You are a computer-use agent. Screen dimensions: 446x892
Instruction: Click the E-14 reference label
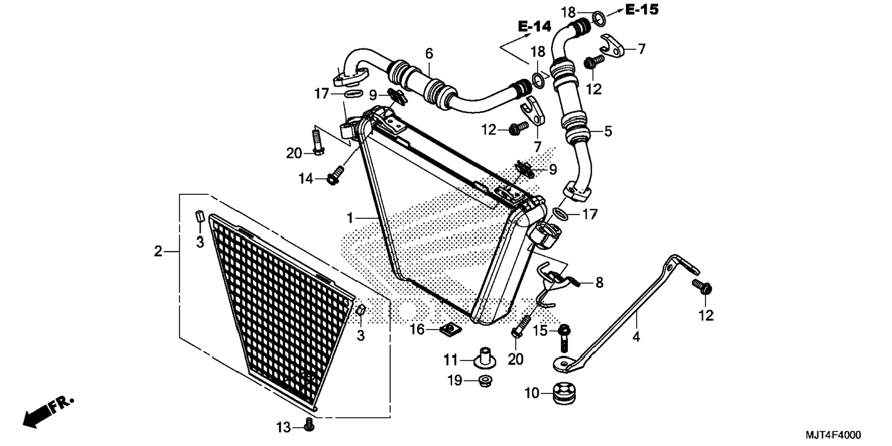(534, 27)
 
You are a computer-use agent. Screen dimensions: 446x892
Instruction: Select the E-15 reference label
(642, 9)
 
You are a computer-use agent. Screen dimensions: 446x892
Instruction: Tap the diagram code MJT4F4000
(833, 435)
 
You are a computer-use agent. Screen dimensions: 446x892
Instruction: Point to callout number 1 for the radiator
(350, 217)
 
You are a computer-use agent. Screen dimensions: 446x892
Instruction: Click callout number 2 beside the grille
(158, 252)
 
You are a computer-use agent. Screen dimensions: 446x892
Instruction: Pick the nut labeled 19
(485, 381)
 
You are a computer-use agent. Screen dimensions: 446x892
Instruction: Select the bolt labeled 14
(335, 176)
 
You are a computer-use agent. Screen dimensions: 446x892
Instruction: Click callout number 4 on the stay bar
(636, 337)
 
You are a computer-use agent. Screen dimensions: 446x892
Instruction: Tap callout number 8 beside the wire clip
(599, 283)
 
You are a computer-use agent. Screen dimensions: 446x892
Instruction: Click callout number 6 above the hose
(429, 54)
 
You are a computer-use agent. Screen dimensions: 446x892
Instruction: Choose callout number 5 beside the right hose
(608, 131)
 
